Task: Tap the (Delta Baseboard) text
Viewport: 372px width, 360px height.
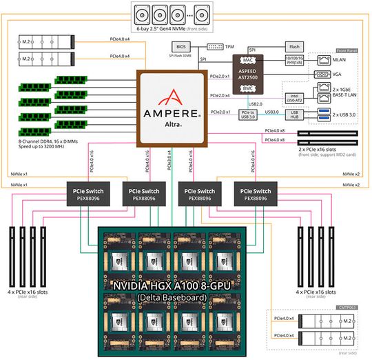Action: tap(185, 297)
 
